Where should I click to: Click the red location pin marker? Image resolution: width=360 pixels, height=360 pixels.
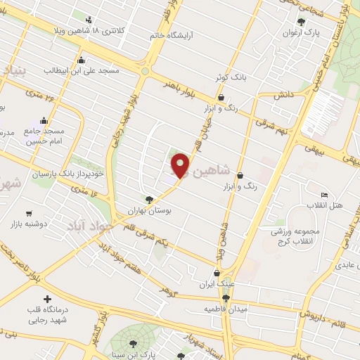(181, 165)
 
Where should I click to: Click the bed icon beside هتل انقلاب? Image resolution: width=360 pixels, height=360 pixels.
(323, 195)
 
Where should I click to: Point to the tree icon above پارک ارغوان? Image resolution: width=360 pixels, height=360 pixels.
(302, 22)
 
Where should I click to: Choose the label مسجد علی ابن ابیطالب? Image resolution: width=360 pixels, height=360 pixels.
(82, 70)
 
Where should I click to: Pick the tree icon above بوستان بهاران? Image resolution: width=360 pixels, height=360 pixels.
(148, 200)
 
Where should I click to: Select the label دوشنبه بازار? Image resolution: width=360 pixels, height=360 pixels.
(28, 224)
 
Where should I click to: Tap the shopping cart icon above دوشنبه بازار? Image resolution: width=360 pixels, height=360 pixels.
(28, 213)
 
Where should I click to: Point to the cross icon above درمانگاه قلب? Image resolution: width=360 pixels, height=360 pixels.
(47, 300)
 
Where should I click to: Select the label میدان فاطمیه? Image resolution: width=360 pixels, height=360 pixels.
(226, 309)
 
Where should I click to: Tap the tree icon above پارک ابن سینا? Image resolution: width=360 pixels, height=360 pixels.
(133, 343)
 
